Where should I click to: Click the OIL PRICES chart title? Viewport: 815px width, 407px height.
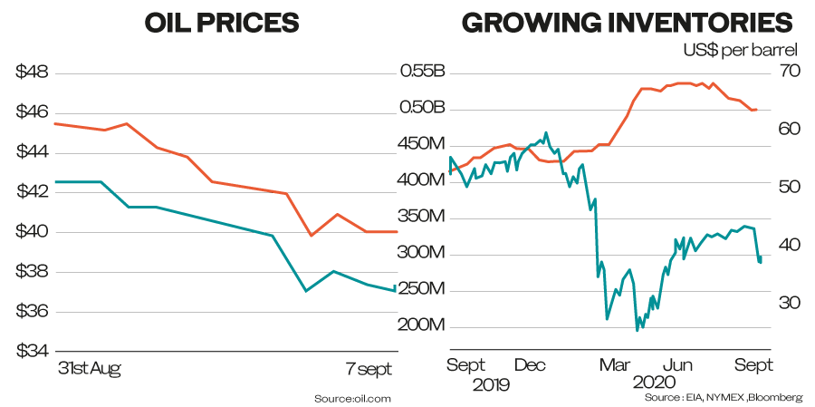(221, 24)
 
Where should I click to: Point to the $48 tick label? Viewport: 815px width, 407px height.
(32, 72)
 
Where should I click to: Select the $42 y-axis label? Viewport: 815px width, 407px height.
(32, 191)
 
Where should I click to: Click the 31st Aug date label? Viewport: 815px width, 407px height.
(89, 370)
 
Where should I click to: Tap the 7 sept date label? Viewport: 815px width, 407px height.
(369, 370)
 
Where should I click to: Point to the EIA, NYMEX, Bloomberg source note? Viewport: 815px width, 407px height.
(724, 398)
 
